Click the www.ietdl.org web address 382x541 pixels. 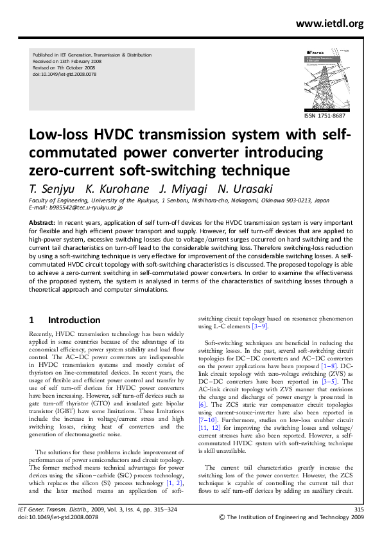point(329,24)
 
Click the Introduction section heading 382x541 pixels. point(74,319)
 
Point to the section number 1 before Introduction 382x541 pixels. point(33,319)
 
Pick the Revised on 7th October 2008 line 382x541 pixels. point(65,68)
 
